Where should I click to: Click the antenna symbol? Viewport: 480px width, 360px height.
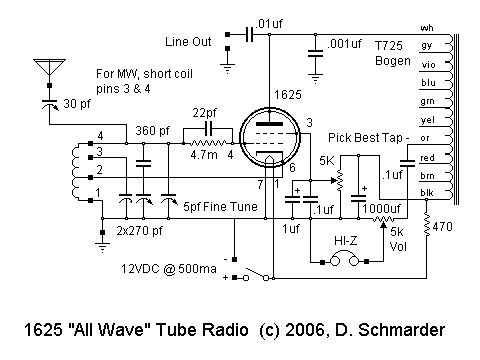click(x=47, y=69)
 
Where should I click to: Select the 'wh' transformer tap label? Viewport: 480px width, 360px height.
click(x=427, y=27)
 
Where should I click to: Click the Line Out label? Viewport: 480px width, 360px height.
click(x=190, y=42)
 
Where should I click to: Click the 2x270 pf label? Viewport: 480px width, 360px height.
click(x=140, y=230)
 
